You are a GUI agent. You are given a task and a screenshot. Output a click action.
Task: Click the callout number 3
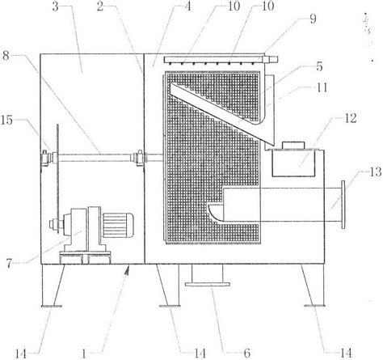56,6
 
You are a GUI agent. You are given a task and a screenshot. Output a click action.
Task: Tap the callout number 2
100,6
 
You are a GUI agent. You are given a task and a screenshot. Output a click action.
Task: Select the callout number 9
313,19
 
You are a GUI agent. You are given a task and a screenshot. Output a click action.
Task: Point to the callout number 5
319,66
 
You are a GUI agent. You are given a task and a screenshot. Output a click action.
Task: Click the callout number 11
322,87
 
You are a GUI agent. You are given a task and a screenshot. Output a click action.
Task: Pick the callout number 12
351,118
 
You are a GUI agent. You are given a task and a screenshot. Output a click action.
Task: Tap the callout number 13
375,172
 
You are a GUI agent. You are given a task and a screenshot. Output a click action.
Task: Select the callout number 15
6,120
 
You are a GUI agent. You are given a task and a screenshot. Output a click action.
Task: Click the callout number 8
6,56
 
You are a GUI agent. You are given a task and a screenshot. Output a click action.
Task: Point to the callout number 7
10,263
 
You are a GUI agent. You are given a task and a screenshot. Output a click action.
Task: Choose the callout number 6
246,353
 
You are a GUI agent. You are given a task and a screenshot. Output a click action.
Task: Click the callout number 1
84,354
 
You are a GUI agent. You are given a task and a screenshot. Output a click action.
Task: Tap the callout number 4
188,6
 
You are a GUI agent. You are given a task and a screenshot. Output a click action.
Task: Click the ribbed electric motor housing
118,225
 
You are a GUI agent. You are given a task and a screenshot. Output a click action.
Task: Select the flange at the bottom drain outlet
208,284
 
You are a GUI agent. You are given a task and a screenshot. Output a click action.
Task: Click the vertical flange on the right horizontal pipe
343,205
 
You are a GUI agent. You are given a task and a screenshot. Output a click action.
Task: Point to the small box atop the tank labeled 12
293,145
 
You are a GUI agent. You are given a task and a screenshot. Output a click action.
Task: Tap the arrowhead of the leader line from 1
128,269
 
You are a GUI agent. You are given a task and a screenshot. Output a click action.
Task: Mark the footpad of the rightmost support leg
314,306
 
